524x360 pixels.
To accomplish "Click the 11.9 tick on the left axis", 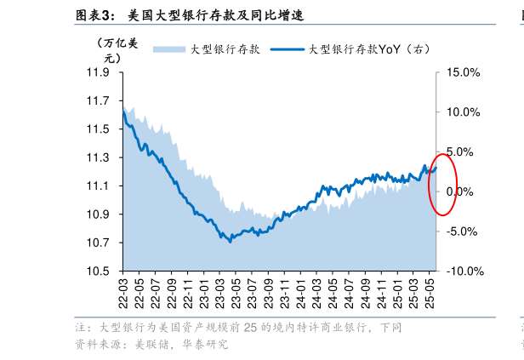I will pos(98,73).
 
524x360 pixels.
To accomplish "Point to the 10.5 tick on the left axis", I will pos(98,271).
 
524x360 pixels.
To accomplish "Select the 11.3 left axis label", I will pos(98,158).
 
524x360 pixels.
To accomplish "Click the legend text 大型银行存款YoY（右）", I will pos(369,49).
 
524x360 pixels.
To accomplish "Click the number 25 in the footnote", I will pos(249,328).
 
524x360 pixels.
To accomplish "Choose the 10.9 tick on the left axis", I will pos(98,214).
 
